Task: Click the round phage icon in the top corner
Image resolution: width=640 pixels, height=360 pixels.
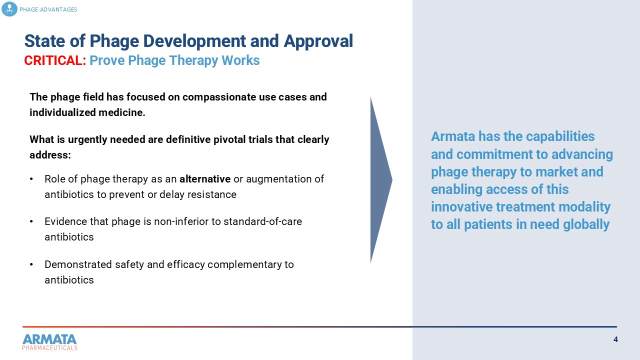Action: click(9, 9)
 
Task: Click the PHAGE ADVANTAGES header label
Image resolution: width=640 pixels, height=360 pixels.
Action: click(48, 9)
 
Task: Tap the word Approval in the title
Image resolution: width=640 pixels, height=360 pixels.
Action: click(318, 41)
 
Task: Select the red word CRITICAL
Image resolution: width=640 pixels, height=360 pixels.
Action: click(55, 60)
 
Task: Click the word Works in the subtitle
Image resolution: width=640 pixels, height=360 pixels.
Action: click(240, 60)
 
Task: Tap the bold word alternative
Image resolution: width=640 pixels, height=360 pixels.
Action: click(205, 179)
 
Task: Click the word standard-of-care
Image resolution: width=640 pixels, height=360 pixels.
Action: click(262, 221)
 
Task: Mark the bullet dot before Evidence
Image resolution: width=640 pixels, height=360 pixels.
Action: click(31, 221)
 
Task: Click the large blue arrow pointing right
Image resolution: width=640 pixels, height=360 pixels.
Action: click(380, 180)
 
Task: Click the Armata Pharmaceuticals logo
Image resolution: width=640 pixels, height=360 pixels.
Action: click(49, 342)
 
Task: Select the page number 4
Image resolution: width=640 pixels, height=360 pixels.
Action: click(615, 339)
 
